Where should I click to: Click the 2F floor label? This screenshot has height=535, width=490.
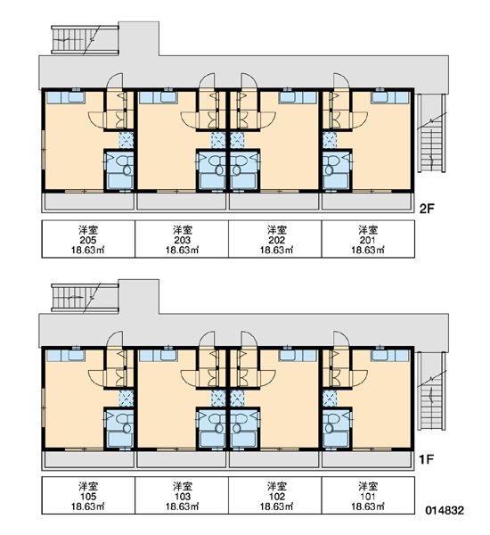tap(427, 208)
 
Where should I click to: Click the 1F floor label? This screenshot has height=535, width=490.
tap(426, 459)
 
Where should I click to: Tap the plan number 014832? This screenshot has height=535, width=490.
tap(445, 510)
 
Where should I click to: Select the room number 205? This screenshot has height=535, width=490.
tap(88, 240)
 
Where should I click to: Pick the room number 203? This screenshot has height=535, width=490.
tap(182, 240)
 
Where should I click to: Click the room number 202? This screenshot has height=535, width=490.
tap(276, 240)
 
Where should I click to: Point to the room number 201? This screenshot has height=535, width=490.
tap(368, 240)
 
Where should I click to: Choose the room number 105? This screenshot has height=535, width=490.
tap(88, 497)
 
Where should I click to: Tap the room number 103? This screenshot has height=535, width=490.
tap(182, 497)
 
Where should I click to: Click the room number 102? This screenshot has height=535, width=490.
tap(276, 497)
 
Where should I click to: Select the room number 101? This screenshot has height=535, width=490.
tap(368, 497)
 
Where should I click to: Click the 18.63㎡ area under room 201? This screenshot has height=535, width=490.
tap(368, 250)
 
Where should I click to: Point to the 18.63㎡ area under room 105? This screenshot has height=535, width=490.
tap(87, 506)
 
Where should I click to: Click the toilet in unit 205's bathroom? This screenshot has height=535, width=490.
tap(126, 165)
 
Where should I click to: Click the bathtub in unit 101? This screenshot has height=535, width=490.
tap(336, 440)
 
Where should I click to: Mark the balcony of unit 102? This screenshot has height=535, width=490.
tap(274, 459)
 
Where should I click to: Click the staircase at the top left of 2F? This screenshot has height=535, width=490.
tap(85, 39)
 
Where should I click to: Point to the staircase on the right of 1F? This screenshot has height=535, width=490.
tap(432, 391)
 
